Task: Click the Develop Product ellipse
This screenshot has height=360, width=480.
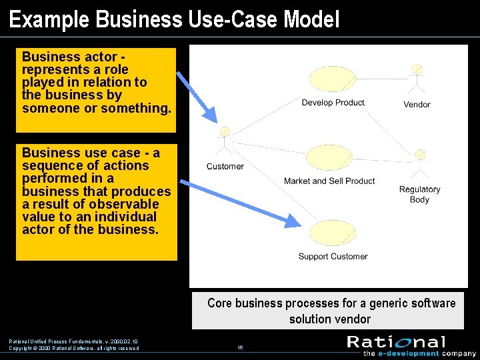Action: click(333, 79)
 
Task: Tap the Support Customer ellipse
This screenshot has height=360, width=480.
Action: click(333, 233)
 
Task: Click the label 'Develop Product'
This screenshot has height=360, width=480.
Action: click(333, 103)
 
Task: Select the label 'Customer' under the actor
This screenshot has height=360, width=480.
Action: click(225, 167)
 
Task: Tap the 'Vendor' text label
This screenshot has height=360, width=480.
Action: click(417, 105)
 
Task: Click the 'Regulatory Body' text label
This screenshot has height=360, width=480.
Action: click(419, 195)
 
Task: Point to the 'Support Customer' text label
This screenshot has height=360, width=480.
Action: click(333, 257)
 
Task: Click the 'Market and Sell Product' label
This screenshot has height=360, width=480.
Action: click(329, 181)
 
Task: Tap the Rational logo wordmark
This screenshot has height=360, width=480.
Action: click(396, 342)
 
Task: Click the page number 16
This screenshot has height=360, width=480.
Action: click(240, 348)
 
